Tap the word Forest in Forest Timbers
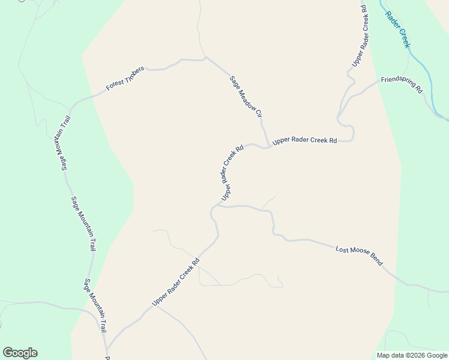pos(115,85)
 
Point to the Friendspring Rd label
pos(402,84)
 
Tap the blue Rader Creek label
pos(397,29)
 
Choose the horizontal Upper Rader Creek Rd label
pos(304,141)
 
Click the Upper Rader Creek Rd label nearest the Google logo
pos(175,283)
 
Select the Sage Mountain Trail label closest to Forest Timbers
pos(62,143)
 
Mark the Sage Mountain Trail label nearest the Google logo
pos(95,306)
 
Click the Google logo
pos(20,353)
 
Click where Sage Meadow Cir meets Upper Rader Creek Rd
pos(266,147)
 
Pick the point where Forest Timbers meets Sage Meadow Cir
pos(205,58)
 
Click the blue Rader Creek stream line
pos(420,66)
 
